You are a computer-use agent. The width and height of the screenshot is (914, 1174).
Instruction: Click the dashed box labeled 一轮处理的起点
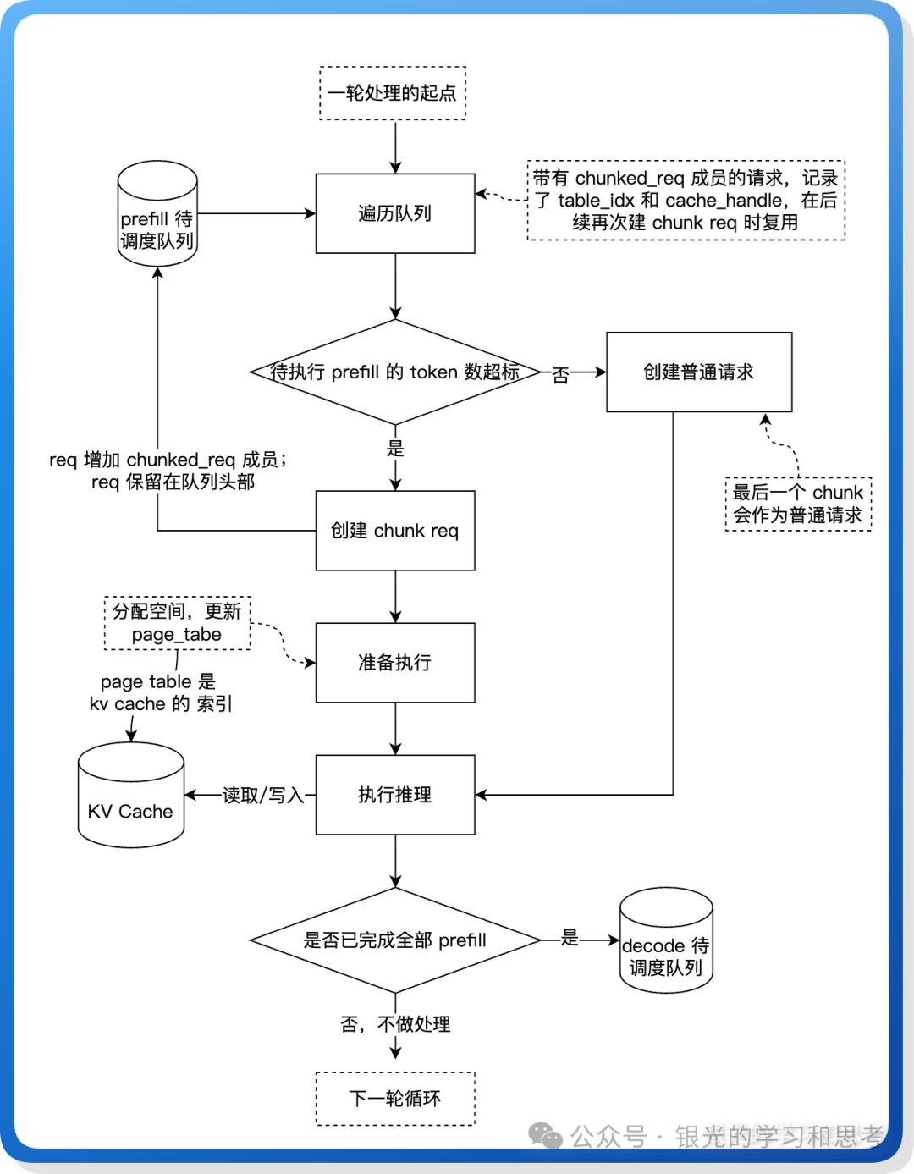pos(393,93)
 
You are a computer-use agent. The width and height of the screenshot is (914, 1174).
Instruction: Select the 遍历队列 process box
pos(395,213)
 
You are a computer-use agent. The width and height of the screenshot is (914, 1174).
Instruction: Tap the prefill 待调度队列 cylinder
pos(157,216)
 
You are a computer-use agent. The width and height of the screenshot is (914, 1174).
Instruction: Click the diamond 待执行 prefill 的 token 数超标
pos(395,372)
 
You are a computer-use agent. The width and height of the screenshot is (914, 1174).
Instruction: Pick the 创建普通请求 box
pos(699,372)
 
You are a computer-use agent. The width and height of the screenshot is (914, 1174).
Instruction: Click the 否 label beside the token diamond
pos(560,374)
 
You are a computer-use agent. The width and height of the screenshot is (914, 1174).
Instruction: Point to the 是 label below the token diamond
pos(395,449)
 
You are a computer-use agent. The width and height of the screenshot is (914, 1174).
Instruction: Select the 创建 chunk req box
pos(395,531)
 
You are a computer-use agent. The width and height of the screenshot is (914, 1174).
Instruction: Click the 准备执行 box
pos(395,663)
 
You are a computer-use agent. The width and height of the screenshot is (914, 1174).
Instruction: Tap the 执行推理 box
pos(395,795)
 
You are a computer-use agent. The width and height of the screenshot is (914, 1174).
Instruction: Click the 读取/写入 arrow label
pos(263,796)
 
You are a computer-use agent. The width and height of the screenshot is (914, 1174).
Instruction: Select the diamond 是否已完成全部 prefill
pos(395,940)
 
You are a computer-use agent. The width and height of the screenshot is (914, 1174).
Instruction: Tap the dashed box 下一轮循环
pos(395,1099)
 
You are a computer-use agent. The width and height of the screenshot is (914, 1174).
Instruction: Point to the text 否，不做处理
pos(395,1024)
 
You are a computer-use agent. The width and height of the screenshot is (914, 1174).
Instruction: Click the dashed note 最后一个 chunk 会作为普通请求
pos(798,504)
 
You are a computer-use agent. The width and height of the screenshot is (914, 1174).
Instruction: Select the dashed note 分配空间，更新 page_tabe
pos(177,623)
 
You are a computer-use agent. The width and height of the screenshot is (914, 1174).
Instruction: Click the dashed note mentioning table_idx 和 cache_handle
pos(685,201)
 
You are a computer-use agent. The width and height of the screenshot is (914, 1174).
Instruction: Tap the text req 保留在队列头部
pos(173,482)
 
